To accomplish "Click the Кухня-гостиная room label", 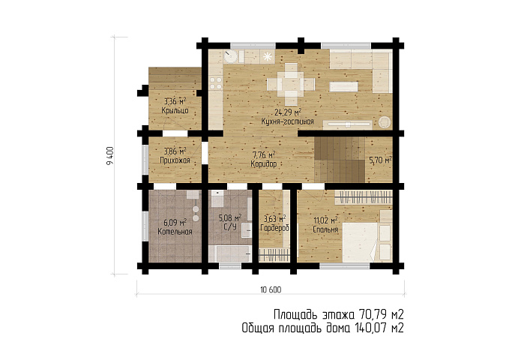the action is coord(288,121).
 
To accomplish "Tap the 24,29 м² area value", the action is coord(288,112).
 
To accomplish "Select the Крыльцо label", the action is coord(175,110).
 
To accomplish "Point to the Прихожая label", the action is coord(175,160).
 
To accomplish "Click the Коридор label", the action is coord(264,163).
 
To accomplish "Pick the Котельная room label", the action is coord(175,232).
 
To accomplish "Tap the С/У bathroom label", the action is coord(230,226).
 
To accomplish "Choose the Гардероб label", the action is coord(274,228).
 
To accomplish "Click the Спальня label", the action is coord(325,229).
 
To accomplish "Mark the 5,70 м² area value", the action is coord(380,160).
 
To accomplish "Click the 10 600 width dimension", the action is coord(271,289).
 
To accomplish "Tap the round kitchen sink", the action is coord(230,56).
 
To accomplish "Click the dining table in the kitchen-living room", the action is coord(291,84).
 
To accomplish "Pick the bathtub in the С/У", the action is coord(229,253).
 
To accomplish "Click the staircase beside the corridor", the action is coord(340,160).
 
